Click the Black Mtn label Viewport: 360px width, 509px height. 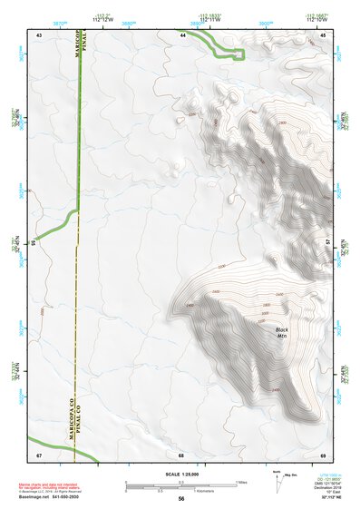282,332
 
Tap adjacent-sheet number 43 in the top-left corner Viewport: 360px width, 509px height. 39,34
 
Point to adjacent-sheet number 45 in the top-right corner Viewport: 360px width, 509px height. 323,34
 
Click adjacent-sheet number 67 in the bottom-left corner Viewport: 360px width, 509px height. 39,454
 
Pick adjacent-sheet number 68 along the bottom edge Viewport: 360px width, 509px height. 181,454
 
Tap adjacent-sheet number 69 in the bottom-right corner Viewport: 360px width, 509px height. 323,454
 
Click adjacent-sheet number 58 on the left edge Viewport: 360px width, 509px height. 33,243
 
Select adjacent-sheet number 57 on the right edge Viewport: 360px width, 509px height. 329,243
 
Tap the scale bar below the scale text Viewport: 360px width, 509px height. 181,485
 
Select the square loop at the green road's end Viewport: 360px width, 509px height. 240,54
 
